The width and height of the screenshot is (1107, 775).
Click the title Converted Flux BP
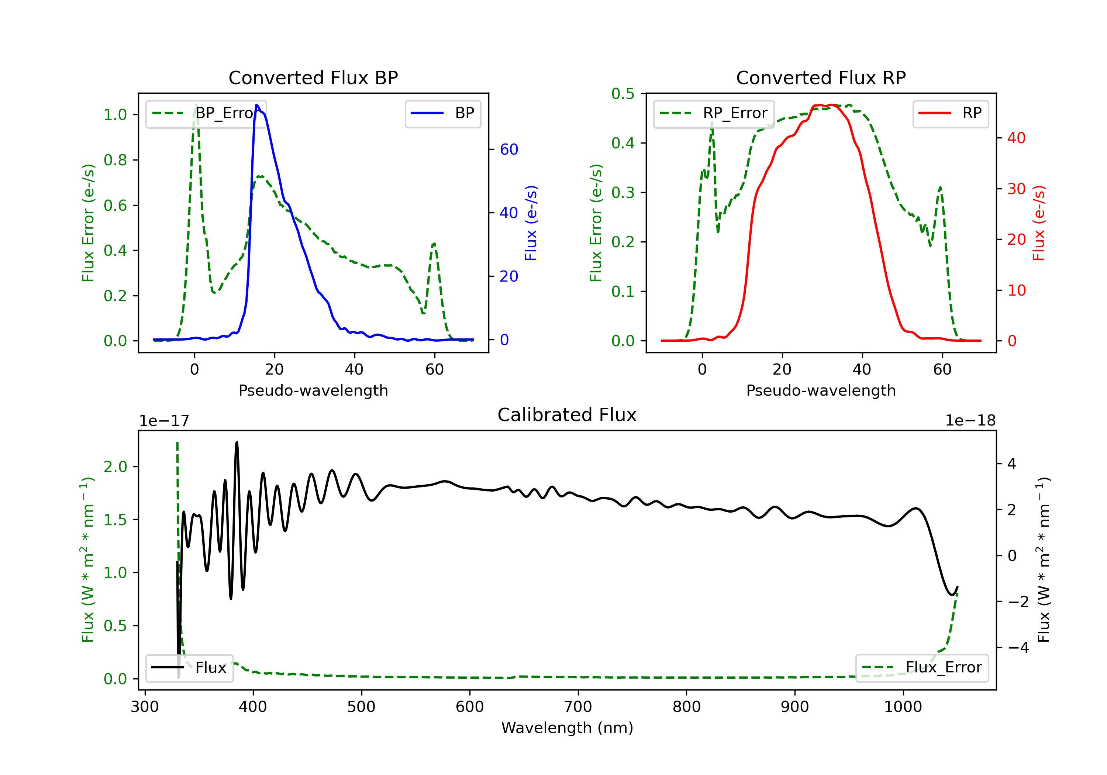pyautogui.click(x=313, y=77)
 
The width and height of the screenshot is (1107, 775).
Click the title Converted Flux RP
pyautogui.click(x=821, y=77)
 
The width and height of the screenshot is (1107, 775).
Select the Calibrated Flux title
pyautogui.click(x=567, y=415)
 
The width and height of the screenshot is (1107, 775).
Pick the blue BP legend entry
pyautogui.click(x=442, y=113)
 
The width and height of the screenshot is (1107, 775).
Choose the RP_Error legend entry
pyautogui.click(x=714, y=113)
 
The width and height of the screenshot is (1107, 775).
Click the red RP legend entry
pyautogui.click(x=950, y=113)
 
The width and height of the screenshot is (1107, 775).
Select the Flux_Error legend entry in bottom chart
pyautogui.click(x=922, y=668)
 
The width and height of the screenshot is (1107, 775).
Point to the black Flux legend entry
pyautogui.click(x=189, y=668)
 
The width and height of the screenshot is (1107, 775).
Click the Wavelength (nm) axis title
pyautogui.click(x=567, y=728)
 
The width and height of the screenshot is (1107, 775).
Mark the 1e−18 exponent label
pyautogui.click(x=970, y=421)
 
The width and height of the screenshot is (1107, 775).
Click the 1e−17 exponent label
pyautogui.click(x=165, y=421)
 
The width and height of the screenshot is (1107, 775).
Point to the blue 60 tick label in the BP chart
pyautogui.click(x=508, y=149)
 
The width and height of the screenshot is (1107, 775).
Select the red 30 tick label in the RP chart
pyautogui.click(x=1016, y=189)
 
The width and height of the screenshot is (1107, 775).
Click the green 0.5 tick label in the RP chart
pyautogui.click(x=623, y=94)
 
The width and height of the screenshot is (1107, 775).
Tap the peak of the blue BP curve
pyautogui.click(x=257, y=105)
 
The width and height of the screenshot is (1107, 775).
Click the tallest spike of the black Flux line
pyautogui.click(x=237, y=442)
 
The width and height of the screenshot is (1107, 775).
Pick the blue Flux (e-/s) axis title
pyautogui.click(x=531, y=223)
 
